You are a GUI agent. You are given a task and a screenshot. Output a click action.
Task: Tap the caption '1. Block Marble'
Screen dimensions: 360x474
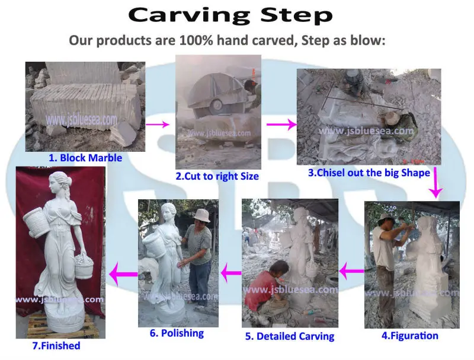[x=85, y=158]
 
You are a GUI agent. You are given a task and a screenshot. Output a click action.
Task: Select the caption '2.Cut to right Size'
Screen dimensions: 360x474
[x=217, y=176]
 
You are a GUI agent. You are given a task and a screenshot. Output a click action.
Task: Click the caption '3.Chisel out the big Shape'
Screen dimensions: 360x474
[x=369, y=173]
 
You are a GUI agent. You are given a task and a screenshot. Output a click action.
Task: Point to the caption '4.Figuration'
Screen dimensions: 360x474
[x=410, y=336]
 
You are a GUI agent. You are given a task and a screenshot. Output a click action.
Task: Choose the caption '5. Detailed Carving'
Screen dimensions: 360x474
[x=290, y=336]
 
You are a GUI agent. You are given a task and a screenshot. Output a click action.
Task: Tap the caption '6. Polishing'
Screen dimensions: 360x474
[x=177, y=333]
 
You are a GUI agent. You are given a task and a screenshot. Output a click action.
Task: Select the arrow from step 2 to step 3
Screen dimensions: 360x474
[x=281, y=125]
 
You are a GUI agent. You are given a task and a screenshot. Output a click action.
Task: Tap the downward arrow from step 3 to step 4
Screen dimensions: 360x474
[x=437, y=183]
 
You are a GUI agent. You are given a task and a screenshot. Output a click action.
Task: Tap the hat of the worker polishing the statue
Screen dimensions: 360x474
[x=201, y=214]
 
